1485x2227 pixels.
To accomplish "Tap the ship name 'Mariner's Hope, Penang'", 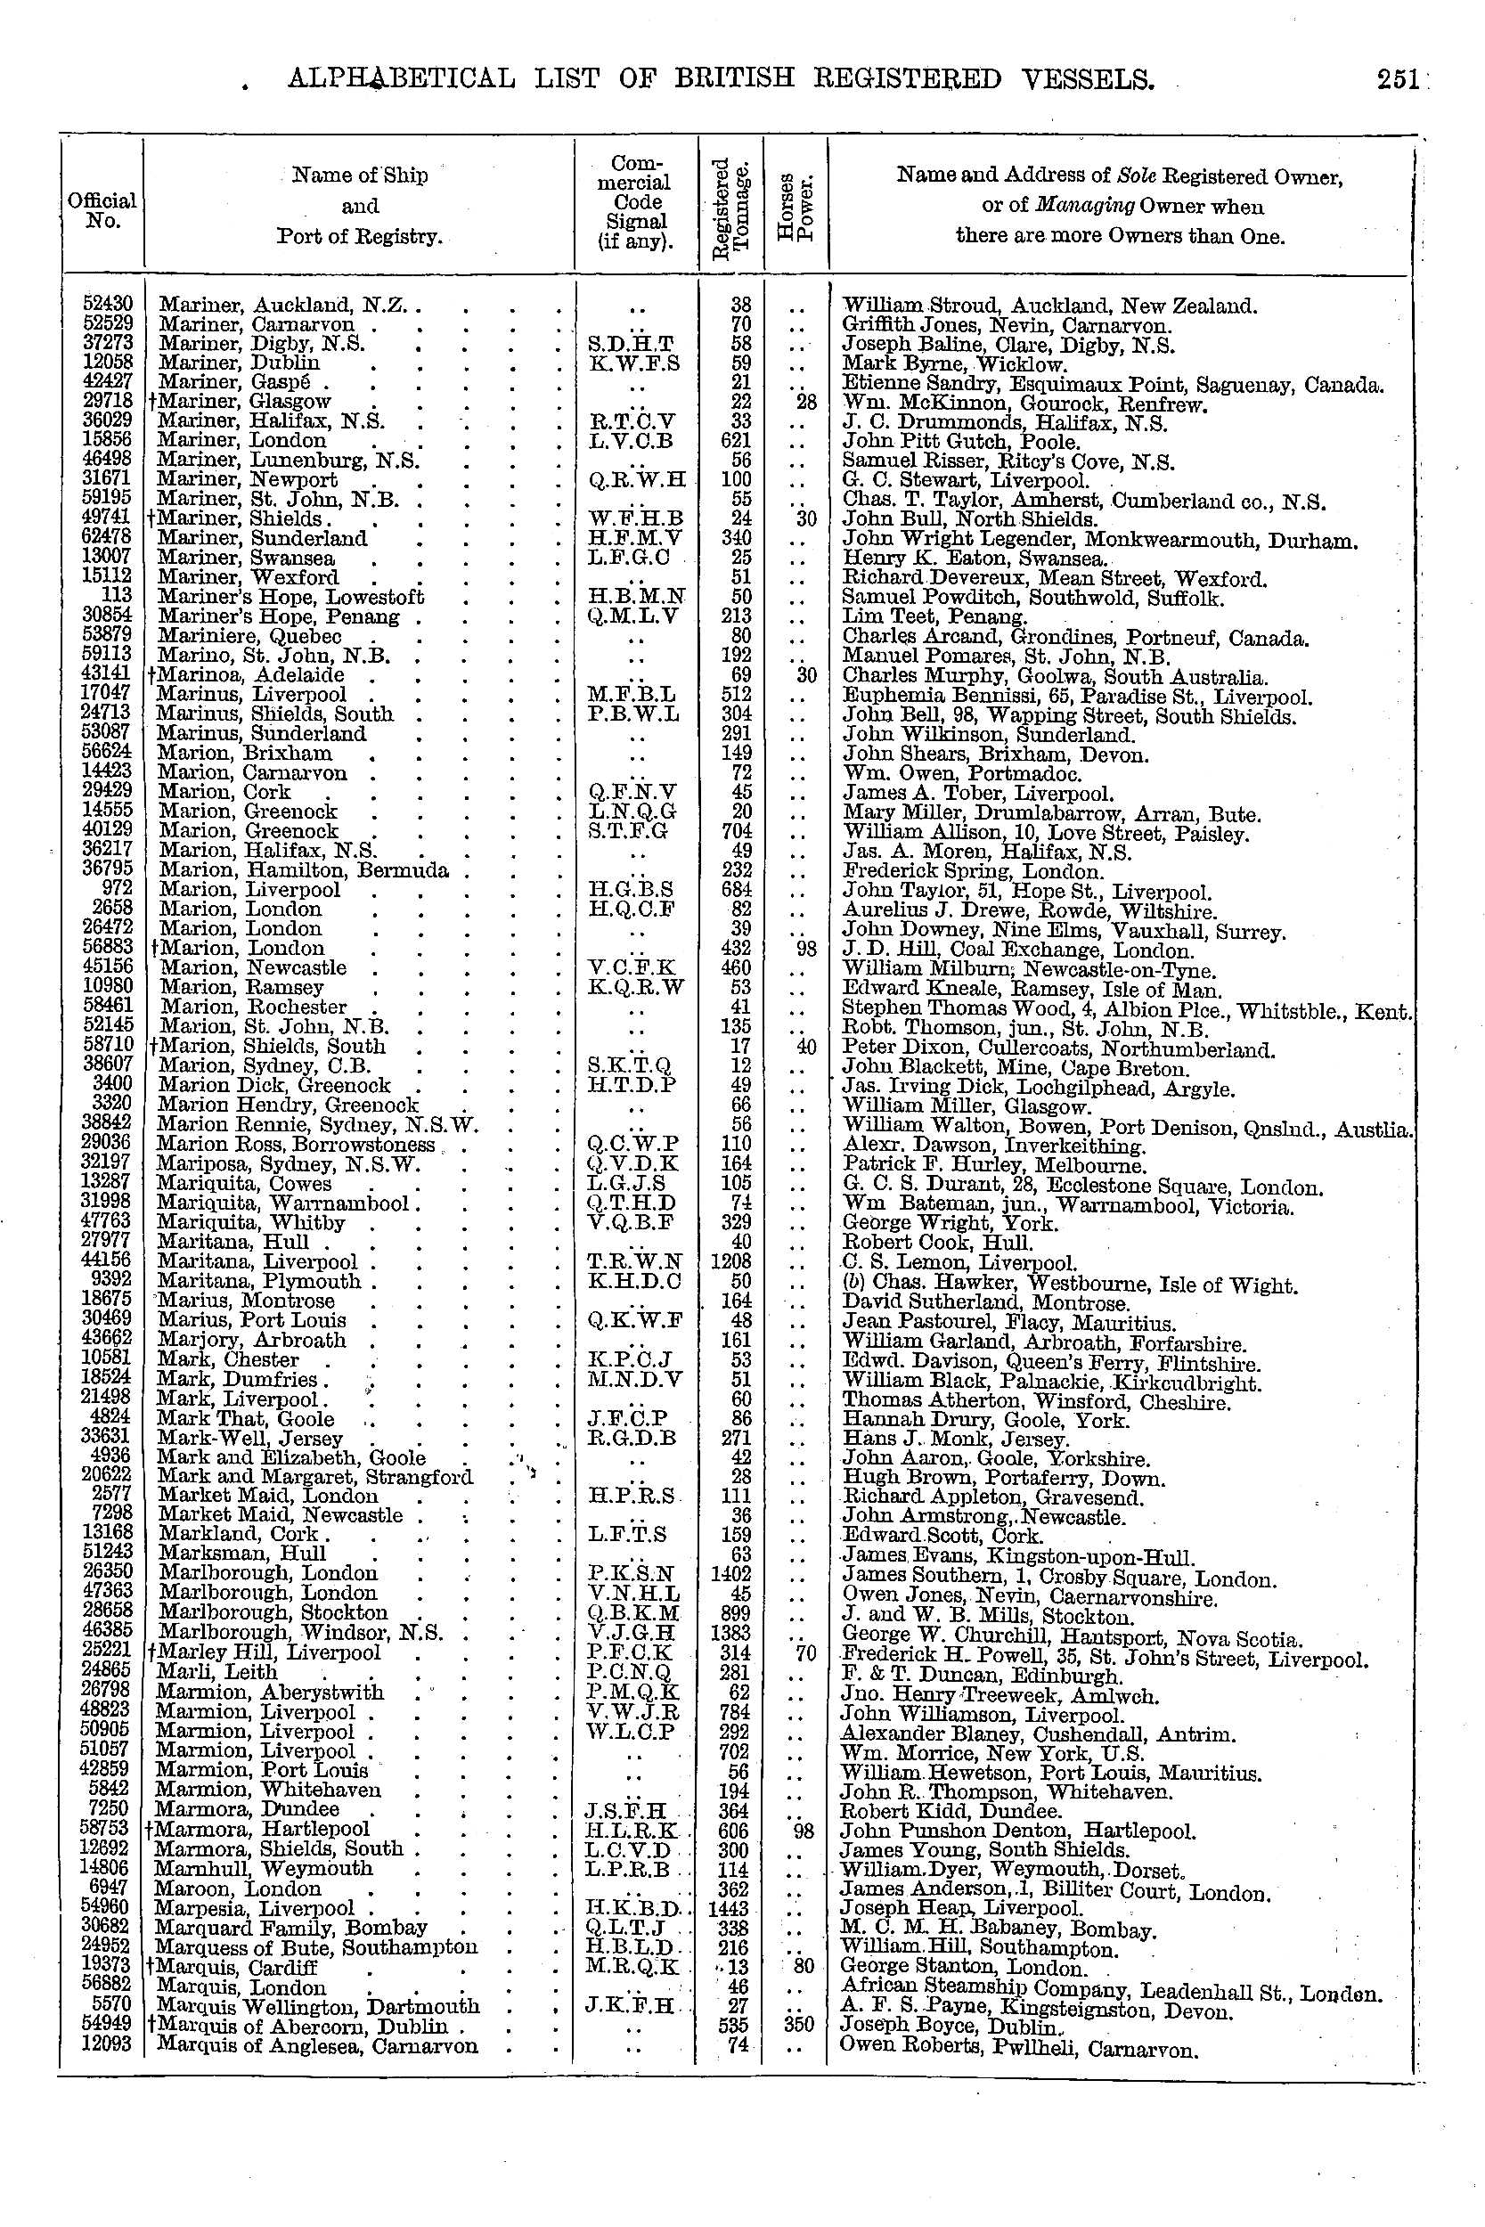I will pyautogui.click(x=280, y=617).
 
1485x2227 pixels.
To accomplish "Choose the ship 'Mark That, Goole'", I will pyautogui.click(x=245, y=1418).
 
